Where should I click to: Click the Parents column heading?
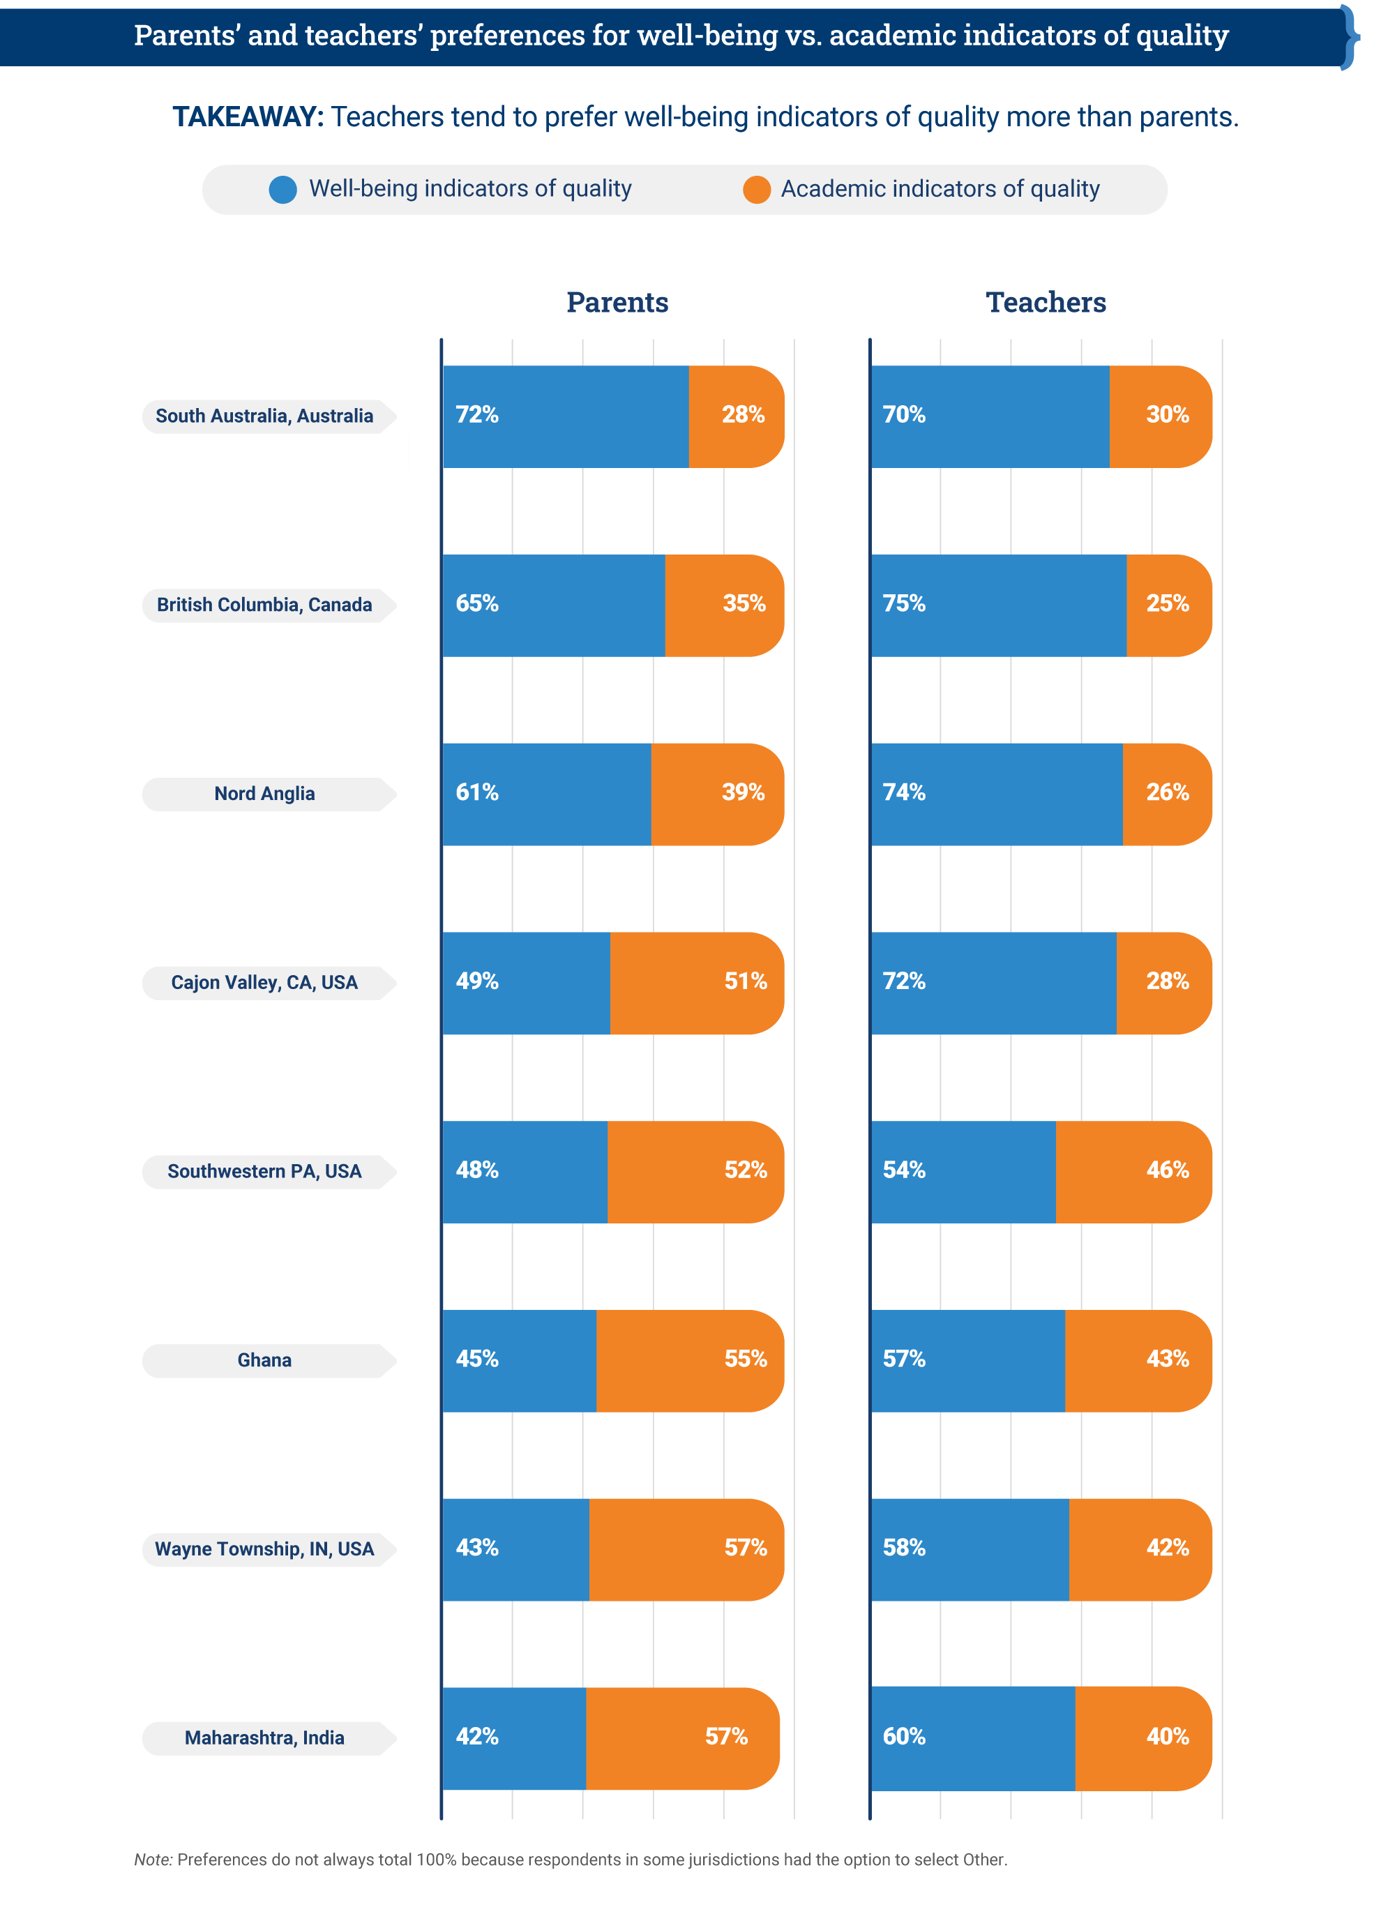[617, 302]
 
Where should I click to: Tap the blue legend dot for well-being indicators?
[282, 190]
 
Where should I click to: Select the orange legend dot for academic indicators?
[756, 190]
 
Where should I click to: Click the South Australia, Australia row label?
[264, 416]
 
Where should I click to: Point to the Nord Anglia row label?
[264, 794]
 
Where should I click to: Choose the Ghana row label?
[264, 1360]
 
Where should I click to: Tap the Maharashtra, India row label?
[264, 1737]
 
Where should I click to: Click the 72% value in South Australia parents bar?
[476, 415]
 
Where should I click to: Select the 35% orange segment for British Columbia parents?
[724, 605]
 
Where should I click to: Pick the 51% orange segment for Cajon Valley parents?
[696, 983]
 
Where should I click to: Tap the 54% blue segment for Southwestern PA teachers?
[963, 1172]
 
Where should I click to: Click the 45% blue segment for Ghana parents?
[519, 1360]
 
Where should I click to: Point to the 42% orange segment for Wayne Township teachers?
[1140, 1548]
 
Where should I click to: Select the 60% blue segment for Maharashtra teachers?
[972, 1737]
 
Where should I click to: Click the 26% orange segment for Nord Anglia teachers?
[1166, 794]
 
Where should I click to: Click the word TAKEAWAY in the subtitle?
[248, 116]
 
